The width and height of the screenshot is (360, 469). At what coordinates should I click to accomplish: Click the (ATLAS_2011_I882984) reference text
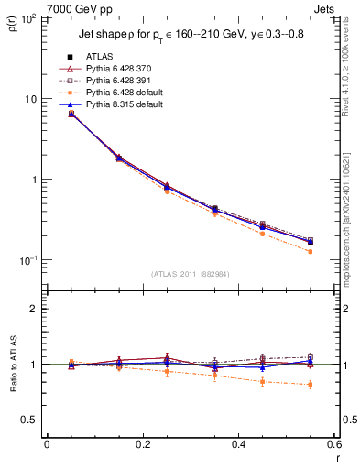pyautogui.click(x=191, y=274)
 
